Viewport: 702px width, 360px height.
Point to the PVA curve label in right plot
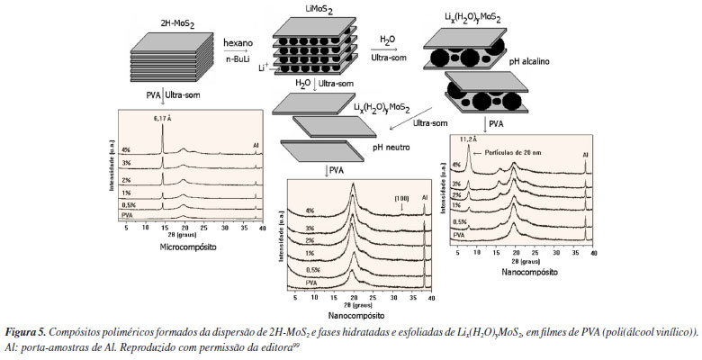pyautogui.click(x=459, y=233)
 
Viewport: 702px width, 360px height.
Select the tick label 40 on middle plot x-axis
pyautogui.click(x=431, y=296)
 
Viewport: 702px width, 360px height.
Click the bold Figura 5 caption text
pyautogui.click(x=27, y=331)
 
